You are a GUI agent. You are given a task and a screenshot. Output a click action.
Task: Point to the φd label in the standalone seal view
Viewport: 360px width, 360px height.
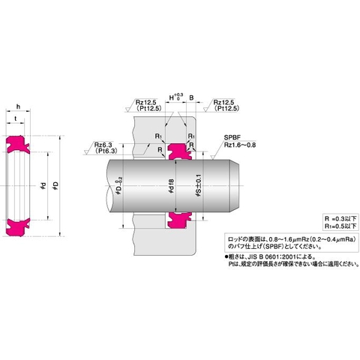click(43, 184)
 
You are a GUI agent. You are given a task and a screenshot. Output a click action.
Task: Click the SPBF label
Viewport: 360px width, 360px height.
click(232, 137)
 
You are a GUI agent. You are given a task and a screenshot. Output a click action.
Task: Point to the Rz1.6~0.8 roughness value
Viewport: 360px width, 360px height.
click(238, 145)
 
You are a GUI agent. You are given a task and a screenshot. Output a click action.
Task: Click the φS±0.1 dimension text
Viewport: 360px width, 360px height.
click(197, 185)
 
